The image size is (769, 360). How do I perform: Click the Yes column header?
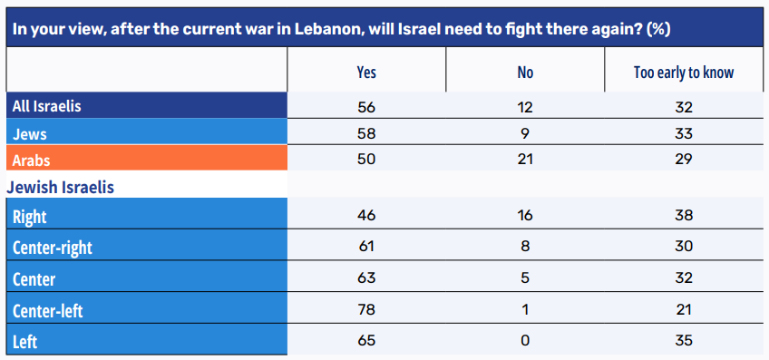[x=366, y=73]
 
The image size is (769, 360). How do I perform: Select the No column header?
[x=525, y=73]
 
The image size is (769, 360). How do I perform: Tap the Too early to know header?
[x=684, y=73]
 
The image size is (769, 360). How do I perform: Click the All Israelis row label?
[x=47, y=106]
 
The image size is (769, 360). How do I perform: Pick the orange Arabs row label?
[x=32, y=160]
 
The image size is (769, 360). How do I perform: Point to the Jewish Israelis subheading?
[x=61, y=188]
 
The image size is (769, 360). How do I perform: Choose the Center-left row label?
[x=48, y=310]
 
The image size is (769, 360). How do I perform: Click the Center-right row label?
[x=53, y=248]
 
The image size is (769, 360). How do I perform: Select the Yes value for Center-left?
[x=366, y=310]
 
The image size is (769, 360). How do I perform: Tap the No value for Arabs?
[x=525, y=160]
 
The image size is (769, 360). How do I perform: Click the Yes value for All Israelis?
[x=366, y=106]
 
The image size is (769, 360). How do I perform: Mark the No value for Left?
[x=525, y=340]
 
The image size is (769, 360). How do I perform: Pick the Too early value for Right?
[x=684, y=215]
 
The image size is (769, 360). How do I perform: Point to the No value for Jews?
[x=525, y=133]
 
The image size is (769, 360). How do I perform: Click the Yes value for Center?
[x=366, y=278]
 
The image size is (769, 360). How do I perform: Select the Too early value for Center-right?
[x=684, y=247]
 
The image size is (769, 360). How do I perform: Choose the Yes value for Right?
[x=366, y=215]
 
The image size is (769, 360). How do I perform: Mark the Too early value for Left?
[x=684, y=340]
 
